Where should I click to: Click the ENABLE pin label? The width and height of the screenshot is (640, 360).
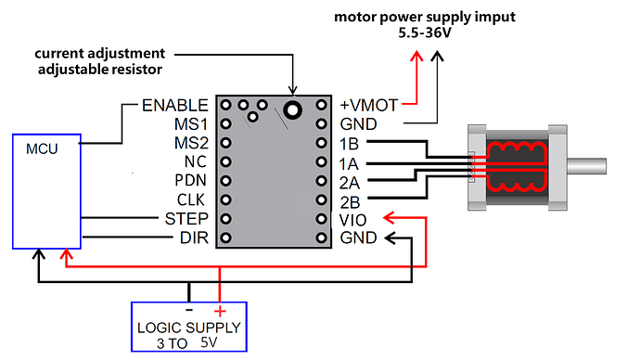coord(174,105)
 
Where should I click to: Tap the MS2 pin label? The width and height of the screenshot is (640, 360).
coord(190,143)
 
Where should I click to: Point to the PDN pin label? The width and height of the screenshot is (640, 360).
coord(189,181)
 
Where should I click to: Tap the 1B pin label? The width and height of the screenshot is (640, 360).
coord(352,143)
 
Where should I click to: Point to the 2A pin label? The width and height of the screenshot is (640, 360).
coord(352,181)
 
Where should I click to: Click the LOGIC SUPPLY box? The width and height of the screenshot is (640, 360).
coord(188,327)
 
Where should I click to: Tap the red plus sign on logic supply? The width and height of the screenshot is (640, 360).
coord(220,312)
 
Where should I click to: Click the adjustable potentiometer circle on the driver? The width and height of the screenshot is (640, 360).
coord(293,110)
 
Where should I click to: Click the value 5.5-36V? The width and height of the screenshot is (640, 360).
coord(435,34)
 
